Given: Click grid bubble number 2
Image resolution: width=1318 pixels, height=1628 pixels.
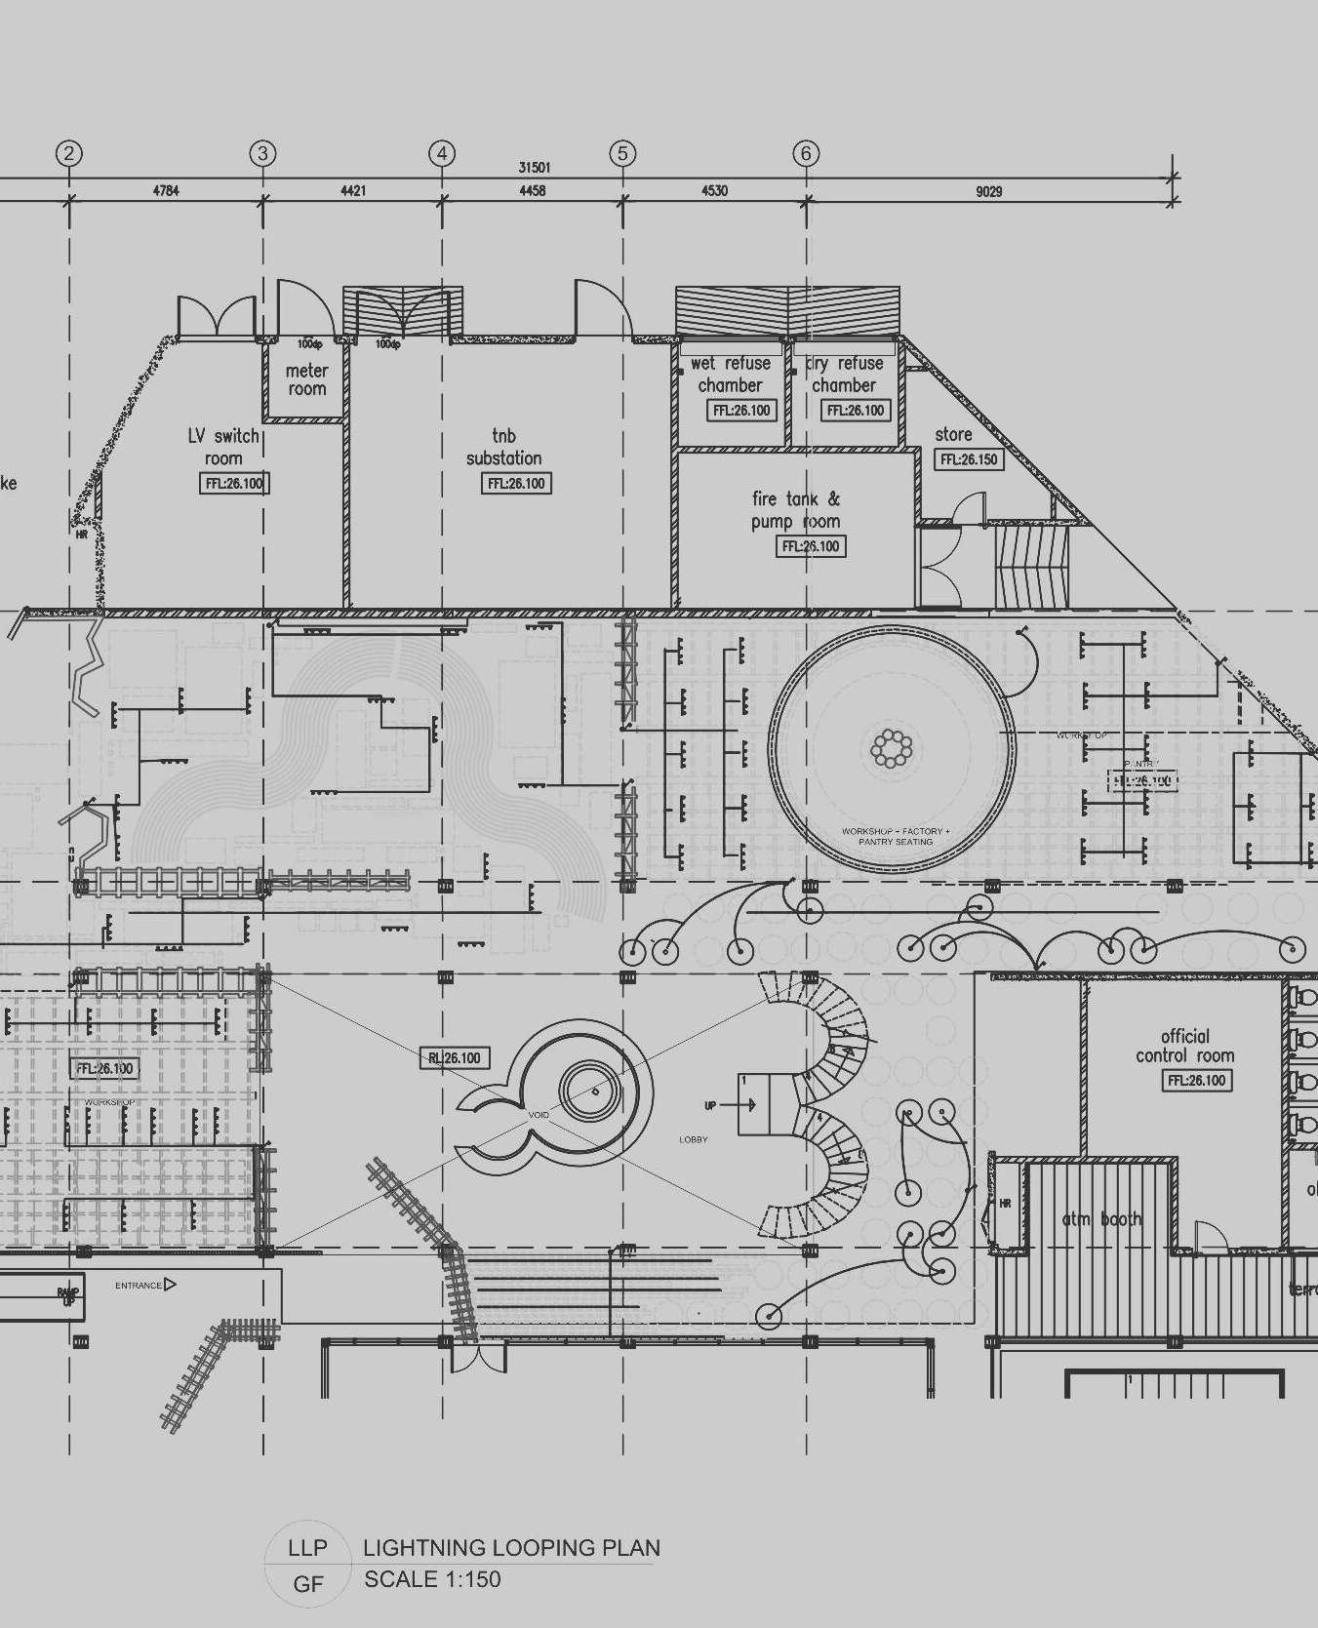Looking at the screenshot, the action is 68,153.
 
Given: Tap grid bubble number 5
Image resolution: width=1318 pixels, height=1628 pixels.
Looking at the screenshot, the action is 622,153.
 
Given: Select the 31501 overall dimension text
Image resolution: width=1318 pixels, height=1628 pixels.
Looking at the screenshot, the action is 534,168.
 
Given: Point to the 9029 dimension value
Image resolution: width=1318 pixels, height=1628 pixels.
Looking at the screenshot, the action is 988,191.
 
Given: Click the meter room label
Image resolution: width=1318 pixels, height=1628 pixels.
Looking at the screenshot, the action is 306,379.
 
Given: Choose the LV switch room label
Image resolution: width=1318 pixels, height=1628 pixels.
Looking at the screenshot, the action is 223,447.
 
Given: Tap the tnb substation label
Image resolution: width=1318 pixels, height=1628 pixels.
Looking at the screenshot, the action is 503,447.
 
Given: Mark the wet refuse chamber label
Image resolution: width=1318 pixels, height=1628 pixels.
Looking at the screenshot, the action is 731,374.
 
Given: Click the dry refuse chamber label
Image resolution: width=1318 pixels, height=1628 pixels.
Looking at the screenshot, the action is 845,374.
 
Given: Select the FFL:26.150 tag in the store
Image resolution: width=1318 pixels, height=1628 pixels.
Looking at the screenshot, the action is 969,459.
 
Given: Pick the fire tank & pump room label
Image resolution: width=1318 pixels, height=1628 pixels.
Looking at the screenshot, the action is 796,510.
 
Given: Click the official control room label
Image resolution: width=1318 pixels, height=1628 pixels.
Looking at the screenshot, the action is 1184,1046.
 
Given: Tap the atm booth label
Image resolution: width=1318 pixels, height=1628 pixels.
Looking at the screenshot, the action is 1101,1218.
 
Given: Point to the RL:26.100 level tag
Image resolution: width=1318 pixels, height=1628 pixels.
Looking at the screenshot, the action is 455,1058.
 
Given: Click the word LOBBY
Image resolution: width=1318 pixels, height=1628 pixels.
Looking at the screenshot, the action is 694,1139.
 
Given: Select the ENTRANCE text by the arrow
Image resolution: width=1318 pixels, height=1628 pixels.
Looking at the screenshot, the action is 139,1285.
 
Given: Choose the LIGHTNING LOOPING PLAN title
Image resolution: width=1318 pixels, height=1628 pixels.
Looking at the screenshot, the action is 511,1547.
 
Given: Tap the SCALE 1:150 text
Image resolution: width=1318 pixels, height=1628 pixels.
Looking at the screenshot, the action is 432,1579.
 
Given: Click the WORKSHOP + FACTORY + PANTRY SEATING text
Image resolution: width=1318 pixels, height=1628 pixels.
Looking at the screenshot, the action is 896,837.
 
